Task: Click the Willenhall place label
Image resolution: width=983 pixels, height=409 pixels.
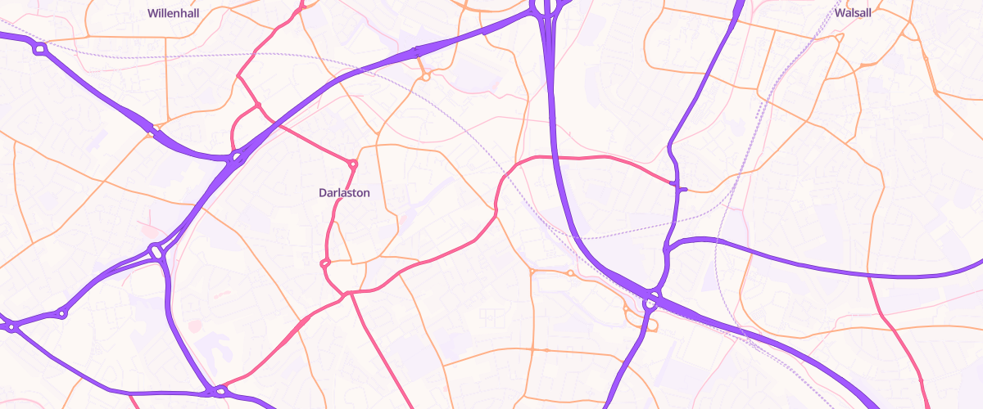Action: (173, 13)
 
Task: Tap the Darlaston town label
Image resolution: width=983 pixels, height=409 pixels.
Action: (344, 193)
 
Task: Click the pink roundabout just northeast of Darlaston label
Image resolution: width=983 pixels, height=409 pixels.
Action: (354, 164)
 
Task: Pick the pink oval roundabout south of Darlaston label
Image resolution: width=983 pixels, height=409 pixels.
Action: (324, 263)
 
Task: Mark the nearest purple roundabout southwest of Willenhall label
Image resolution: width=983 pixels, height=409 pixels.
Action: (39, 50)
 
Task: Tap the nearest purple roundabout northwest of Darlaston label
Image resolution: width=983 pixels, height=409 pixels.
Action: (236, 155)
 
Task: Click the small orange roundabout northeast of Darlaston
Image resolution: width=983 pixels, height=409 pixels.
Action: (426, 77)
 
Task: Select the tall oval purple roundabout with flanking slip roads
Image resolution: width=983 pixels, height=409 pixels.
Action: (156, 251)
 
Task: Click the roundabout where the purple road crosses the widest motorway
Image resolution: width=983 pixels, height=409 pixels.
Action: (651, 301)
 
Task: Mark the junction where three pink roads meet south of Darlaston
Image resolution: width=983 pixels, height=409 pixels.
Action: (349, 293)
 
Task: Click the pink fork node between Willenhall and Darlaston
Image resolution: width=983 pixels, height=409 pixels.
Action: (257, 106)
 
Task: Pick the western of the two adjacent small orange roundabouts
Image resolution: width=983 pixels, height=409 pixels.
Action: (532, 272)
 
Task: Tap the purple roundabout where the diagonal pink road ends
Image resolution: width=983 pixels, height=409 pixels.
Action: (220, 391)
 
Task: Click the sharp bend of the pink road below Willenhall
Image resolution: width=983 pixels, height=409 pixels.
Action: (238, 76)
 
